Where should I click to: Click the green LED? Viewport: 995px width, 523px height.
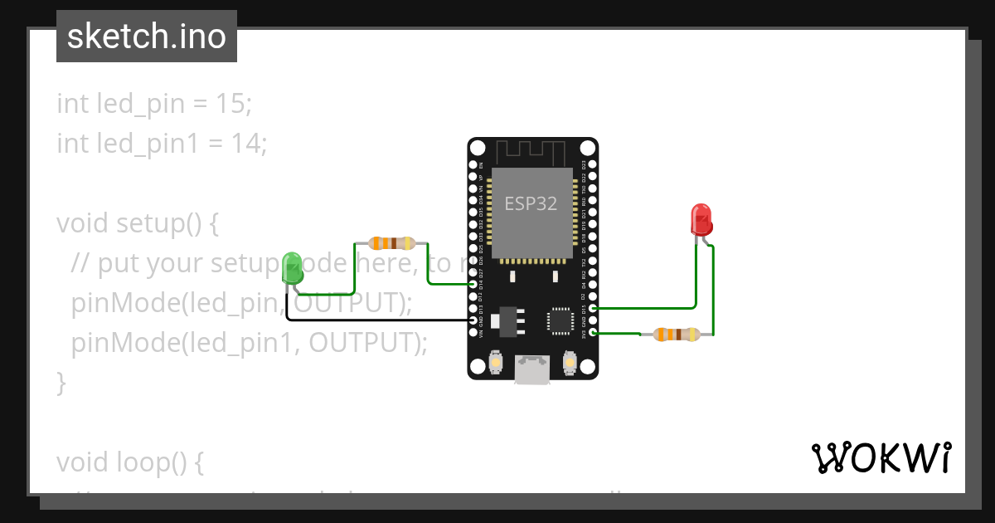[292, 267]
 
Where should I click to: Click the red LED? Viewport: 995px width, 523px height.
[701, 219]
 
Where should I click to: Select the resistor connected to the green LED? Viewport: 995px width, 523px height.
[391, 243]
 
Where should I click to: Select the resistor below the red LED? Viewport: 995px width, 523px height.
[677, 335]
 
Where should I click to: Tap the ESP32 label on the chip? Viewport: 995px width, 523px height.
[531, 203]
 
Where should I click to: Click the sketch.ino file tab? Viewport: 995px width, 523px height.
[147, 37]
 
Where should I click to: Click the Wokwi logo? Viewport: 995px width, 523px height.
[881, 457]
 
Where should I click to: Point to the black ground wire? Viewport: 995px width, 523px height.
[373, 320]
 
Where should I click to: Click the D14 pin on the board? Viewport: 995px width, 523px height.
[473, 285]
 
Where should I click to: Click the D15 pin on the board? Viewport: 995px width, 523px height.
[591, 308]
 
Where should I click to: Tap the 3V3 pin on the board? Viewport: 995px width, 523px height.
[591, 333]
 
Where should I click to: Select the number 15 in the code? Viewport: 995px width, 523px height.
[235, 104]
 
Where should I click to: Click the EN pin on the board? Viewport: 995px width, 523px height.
[473, 166]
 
